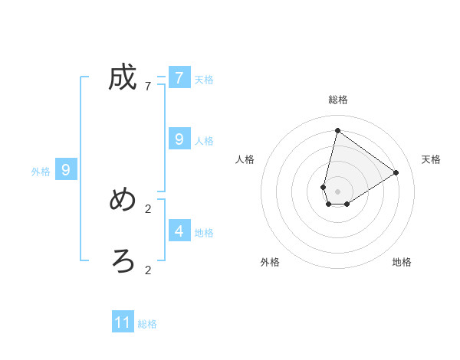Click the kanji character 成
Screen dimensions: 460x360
[123, 77]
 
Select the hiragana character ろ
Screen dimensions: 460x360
[123, 261]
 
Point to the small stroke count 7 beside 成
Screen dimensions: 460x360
[148, 87]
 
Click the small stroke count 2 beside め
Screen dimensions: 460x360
[148, 208]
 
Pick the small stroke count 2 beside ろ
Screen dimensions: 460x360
[148, 270]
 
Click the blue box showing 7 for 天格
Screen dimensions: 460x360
[179, 77]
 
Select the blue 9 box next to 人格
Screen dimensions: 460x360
[179, 139]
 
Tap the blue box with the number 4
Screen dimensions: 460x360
[179, 231]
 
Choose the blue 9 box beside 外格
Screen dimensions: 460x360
[66, 170]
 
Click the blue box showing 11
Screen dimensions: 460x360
[123, 322]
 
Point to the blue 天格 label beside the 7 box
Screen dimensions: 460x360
[204, 80]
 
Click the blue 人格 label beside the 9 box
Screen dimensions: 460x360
[204, 141]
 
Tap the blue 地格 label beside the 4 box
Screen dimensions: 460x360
[204, 233]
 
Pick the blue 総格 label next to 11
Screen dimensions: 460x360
[147, 325]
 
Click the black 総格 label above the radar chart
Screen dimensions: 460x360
[337, 100]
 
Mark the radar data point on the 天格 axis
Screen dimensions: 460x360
[396, 172]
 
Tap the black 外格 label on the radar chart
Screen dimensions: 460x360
[270, 262]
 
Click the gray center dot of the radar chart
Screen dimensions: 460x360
[337, 191]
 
